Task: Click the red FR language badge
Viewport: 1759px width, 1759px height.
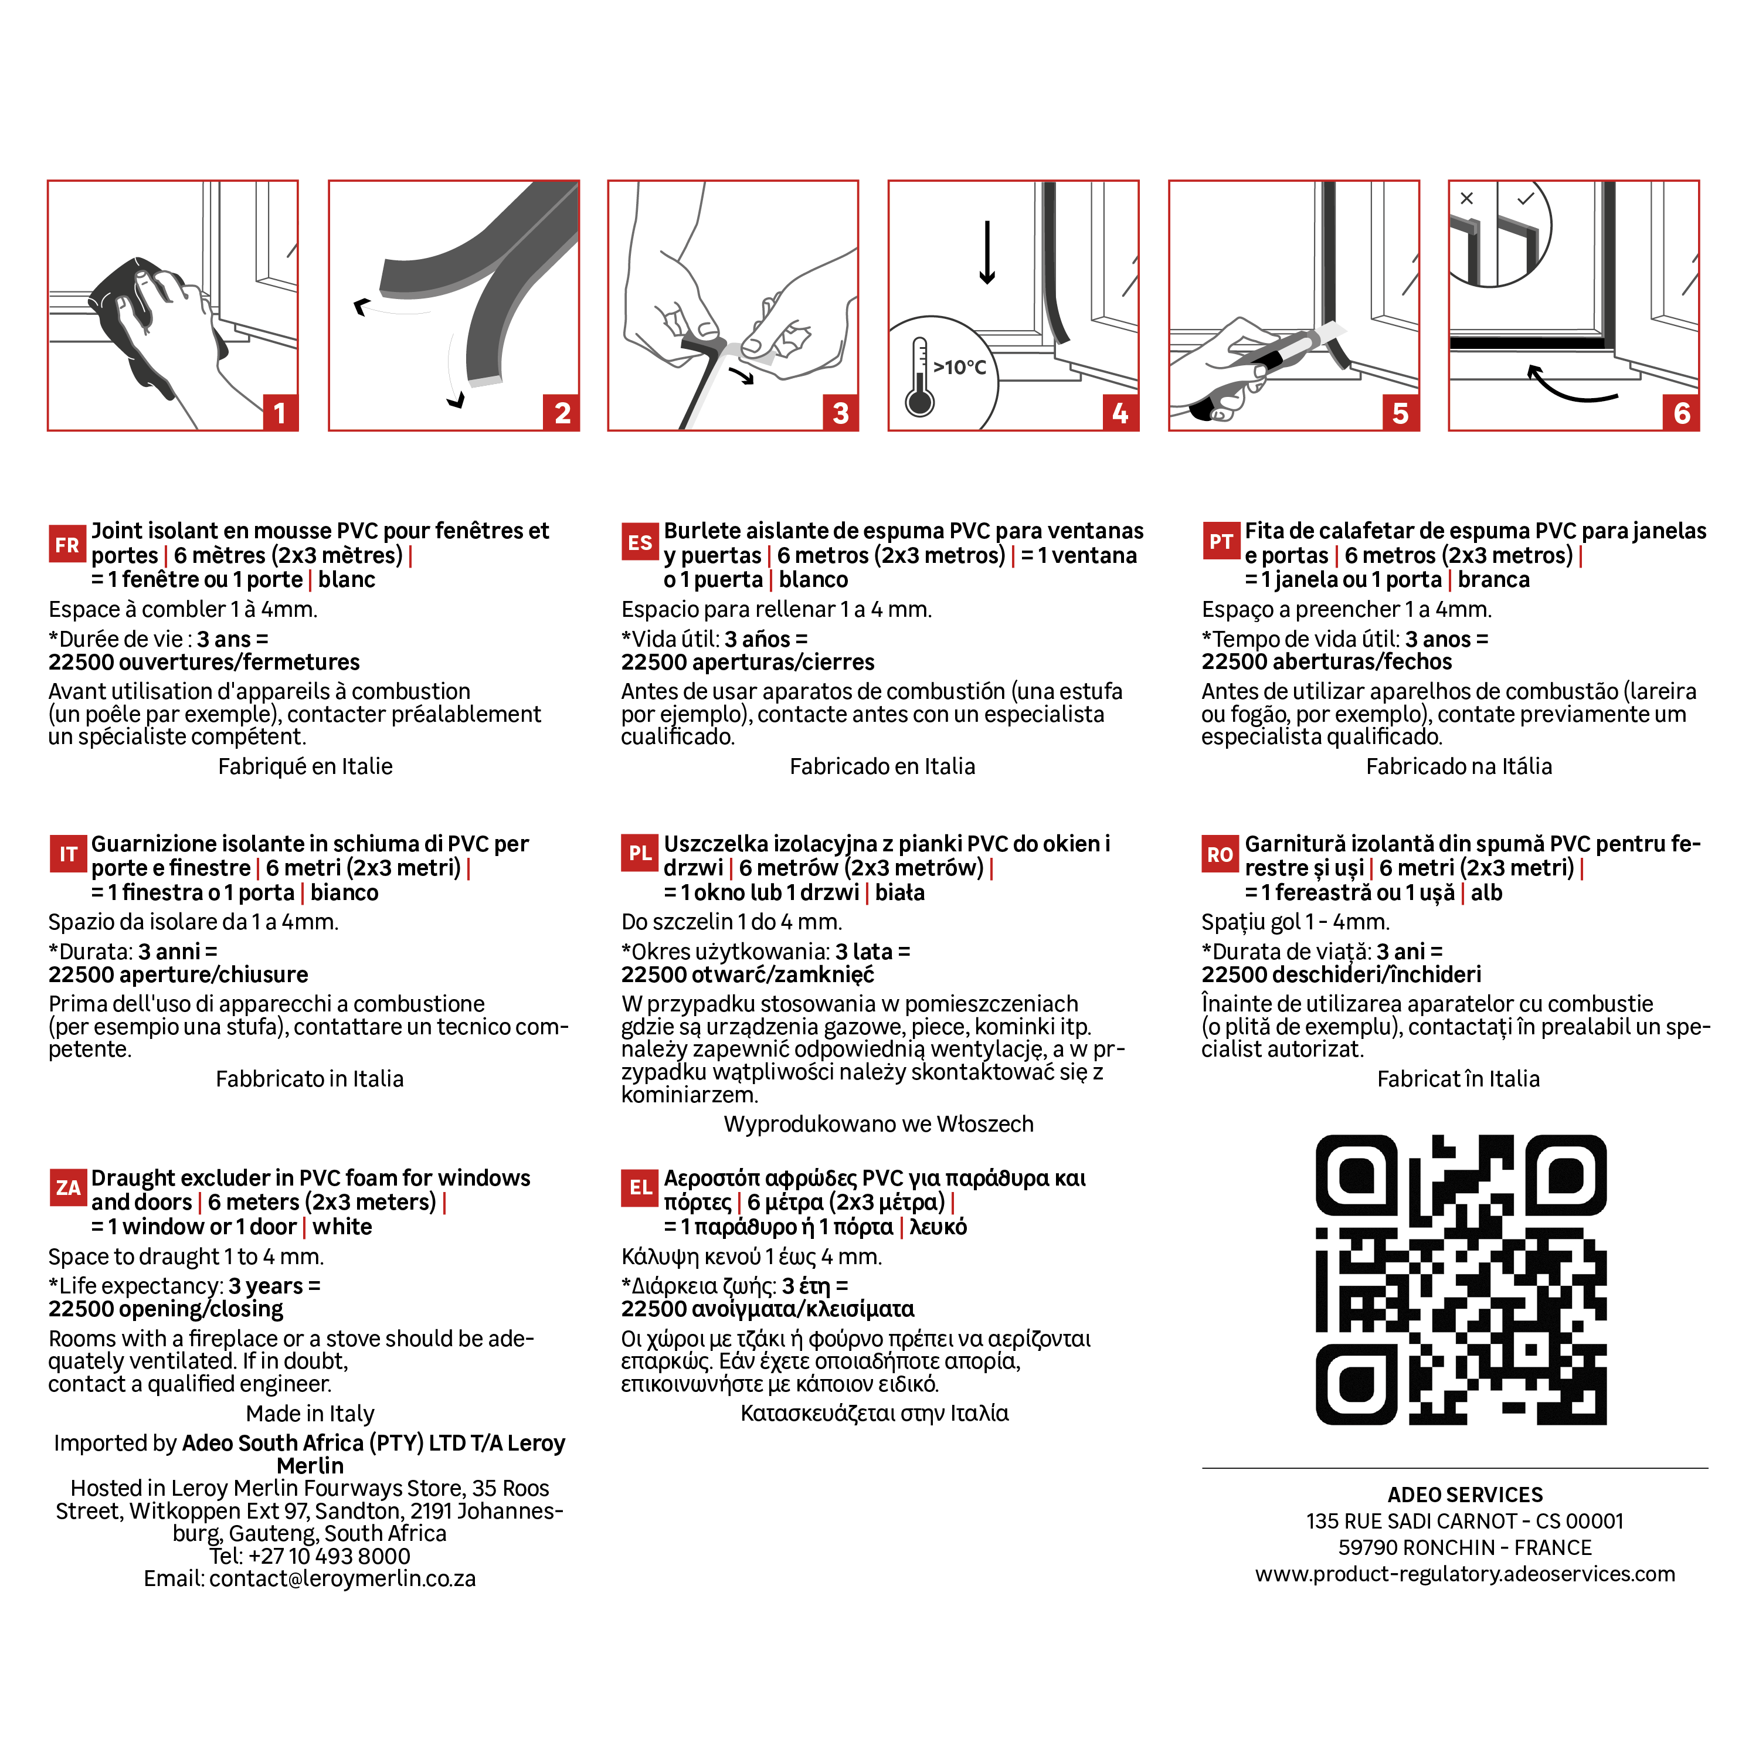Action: pyautogui.click(x=67, y=545)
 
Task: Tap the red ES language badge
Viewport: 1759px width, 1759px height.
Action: pyautogui.click(x=640, y=542)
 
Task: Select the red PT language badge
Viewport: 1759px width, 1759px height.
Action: pyautogui.click(x=1221, y=542)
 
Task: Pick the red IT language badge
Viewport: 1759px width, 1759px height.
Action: pyautogui.click(x=68, y=854)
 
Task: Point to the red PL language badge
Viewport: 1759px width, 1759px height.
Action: pyautogui.click(x=640, y=853)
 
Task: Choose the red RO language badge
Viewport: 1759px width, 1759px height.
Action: pyautogui.click(x=1220, y=854)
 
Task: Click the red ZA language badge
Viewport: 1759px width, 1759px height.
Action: pyautogui.click(x=68, y=1188)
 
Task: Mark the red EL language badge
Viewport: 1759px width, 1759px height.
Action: pyautogui.click(x=640, y=1188)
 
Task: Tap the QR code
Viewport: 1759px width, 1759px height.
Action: pyautogui.click(x=1461, y=1279)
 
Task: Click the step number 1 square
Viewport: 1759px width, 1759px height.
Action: pyautogui.click(x=280, y=412)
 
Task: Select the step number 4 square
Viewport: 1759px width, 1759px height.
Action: pyautogui.click(x=1120, y=412)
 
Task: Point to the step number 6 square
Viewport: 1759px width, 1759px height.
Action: pyautogui.click(x=1680, y=412)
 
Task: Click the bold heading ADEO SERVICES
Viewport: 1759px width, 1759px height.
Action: pyautogui.click(x=1465, y=1495)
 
